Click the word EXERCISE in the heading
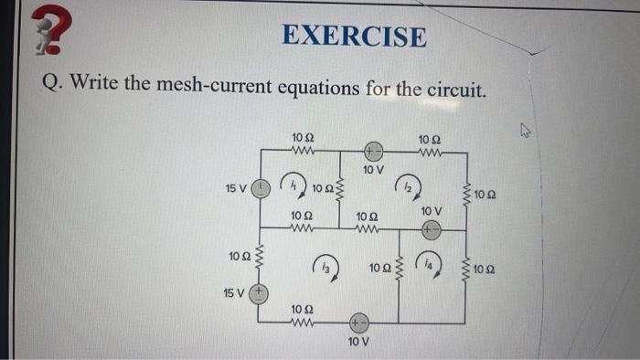tap(354, 37)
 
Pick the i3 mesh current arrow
tap(326, 266)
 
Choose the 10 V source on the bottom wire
tap(359, 323)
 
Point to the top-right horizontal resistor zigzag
tap(430, 151)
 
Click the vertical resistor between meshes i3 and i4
tap(398, 268)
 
